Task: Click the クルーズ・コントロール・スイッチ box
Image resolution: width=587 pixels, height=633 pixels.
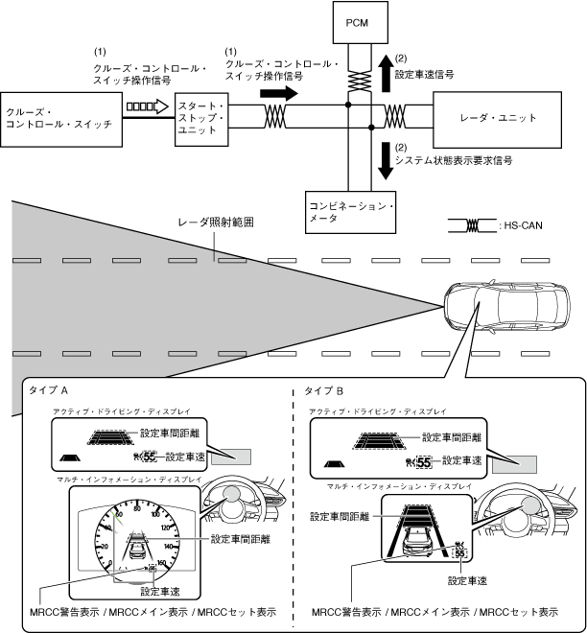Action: click(62, 118)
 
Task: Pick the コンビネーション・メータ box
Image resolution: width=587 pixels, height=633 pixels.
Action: click(352, 212)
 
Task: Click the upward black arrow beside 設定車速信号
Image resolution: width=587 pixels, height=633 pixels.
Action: click(384, 70)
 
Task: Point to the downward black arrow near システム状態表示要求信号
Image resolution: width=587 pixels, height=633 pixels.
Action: click(384, 160)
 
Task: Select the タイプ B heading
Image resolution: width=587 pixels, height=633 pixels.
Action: click(328, 391)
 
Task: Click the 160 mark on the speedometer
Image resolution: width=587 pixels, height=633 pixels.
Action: click(154, 564)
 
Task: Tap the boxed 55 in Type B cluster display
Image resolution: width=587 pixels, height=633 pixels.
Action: click(459, 554)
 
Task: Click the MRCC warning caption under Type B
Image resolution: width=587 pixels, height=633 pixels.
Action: click(435, 611)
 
